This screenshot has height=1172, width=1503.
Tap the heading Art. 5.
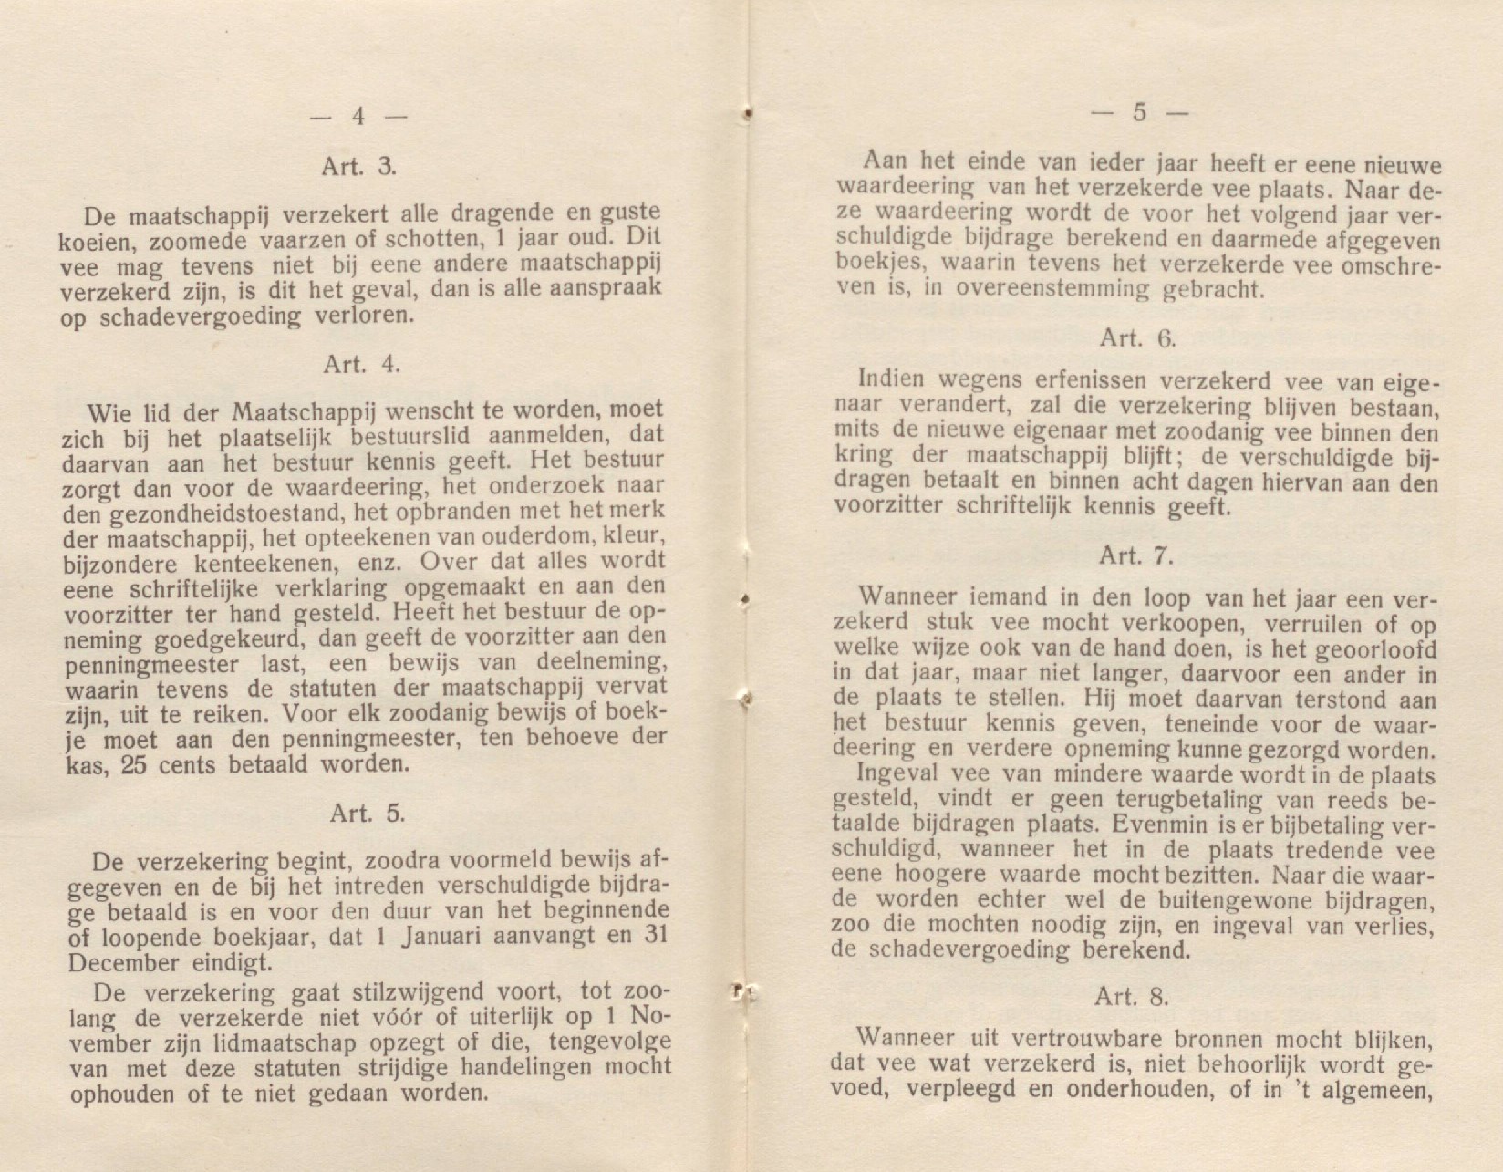point(368,813)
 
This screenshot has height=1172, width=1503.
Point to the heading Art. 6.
point(1137,337)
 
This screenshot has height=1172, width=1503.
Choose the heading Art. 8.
point(1132,997)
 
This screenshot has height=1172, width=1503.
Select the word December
point(108,962)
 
